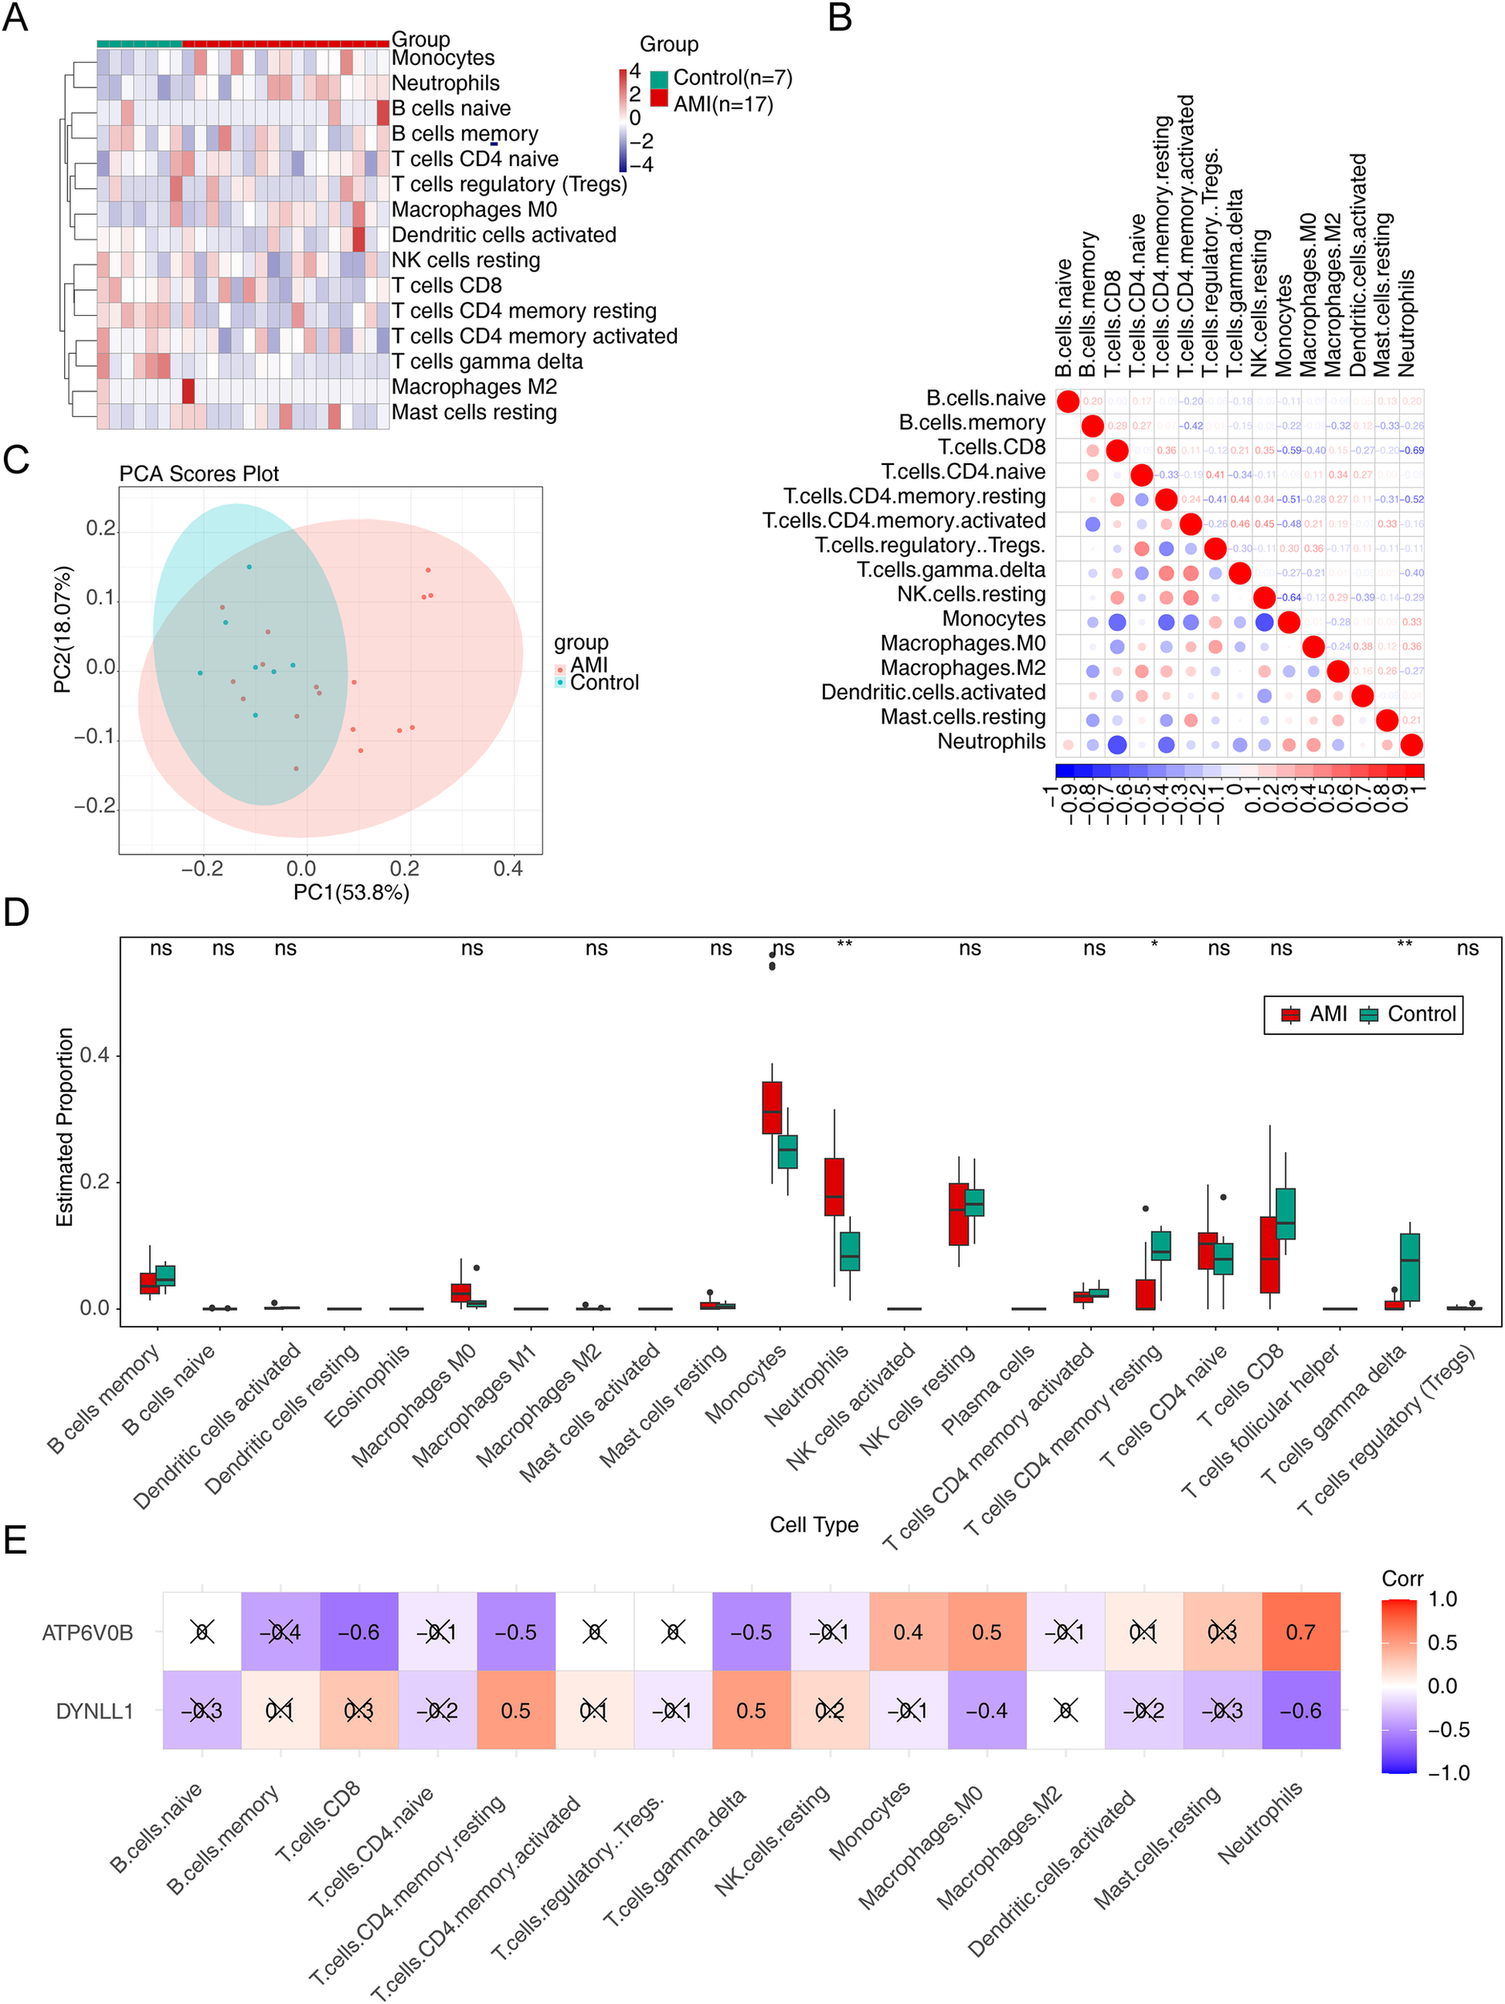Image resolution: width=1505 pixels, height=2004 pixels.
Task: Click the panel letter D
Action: coord(16,911)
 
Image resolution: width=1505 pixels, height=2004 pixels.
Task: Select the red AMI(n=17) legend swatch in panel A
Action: coord(659,98)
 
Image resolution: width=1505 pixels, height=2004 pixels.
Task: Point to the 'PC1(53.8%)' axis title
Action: coord(350,892)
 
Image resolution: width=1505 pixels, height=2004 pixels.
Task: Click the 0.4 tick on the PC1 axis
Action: coord(508,869)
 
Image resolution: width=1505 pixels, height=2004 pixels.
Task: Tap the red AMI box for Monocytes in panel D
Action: coord(772,1107)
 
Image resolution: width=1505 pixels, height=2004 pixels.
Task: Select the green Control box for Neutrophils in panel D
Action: coord(850,1251)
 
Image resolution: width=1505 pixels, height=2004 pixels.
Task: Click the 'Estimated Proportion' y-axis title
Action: coord(64,1127)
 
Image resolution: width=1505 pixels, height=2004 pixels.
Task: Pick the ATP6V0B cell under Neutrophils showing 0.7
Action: coord(1301,1631)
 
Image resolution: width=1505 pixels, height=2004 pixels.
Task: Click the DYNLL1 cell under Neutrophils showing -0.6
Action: coord(1301,1711)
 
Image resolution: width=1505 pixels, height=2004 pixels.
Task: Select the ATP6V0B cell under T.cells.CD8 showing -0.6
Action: coord(358,1631)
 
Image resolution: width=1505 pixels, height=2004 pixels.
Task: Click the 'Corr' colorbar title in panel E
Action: coord(1402,1578)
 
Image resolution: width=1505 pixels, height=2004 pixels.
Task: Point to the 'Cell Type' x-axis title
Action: coord(814,1524)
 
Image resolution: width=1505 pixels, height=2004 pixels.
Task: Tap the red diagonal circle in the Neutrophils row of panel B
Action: coord(1410,745)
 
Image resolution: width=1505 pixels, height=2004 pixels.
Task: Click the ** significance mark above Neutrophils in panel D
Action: coord(844,946)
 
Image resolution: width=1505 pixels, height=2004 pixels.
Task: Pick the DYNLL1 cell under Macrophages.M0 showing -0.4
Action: coord(987,1711)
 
